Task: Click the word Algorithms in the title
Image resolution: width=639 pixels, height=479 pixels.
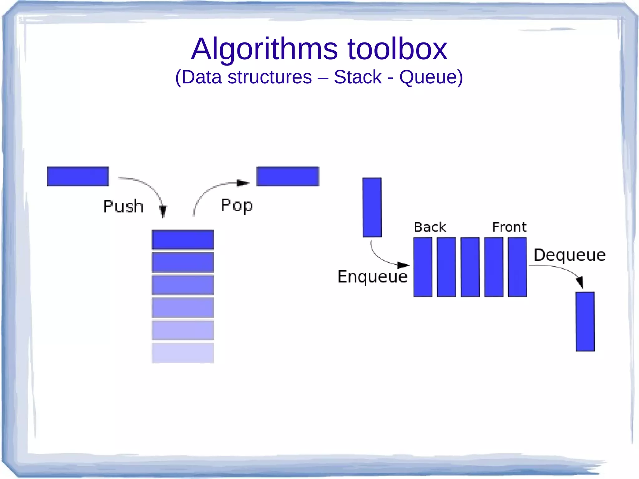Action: tap(264, 49)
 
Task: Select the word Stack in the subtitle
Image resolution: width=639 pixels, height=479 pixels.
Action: tap(358, 77)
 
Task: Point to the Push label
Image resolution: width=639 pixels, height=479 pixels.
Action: tap(123, 206)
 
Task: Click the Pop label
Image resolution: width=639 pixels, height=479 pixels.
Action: tap(237, 205)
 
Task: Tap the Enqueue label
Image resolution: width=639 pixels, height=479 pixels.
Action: tap(372, 276)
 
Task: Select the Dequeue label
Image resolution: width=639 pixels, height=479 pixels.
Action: tap(569, 255)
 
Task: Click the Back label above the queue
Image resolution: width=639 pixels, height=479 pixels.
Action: tap(430, 227)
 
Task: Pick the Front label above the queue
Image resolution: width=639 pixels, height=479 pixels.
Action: tap(509, 227)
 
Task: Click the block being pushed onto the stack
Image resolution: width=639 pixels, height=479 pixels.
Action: tap(78, 176)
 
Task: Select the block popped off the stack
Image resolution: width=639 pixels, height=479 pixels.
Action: tap(288, 176)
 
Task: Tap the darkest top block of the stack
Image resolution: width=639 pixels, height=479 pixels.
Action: tap(183, 240)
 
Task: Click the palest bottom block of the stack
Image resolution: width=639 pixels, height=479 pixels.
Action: tap(183, 353)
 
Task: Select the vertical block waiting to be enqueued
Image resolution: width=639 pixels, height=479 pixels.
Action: tap(372, 207)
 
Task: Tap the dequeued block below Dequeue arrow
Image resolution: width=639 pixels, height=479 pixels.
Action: tap(585, 321)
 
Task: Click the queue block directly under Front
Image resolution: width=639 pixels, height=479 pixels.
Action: tap(517, 267)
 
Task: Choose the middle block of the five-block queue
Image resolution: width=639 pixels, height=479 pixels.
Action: tap(470, 267)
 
